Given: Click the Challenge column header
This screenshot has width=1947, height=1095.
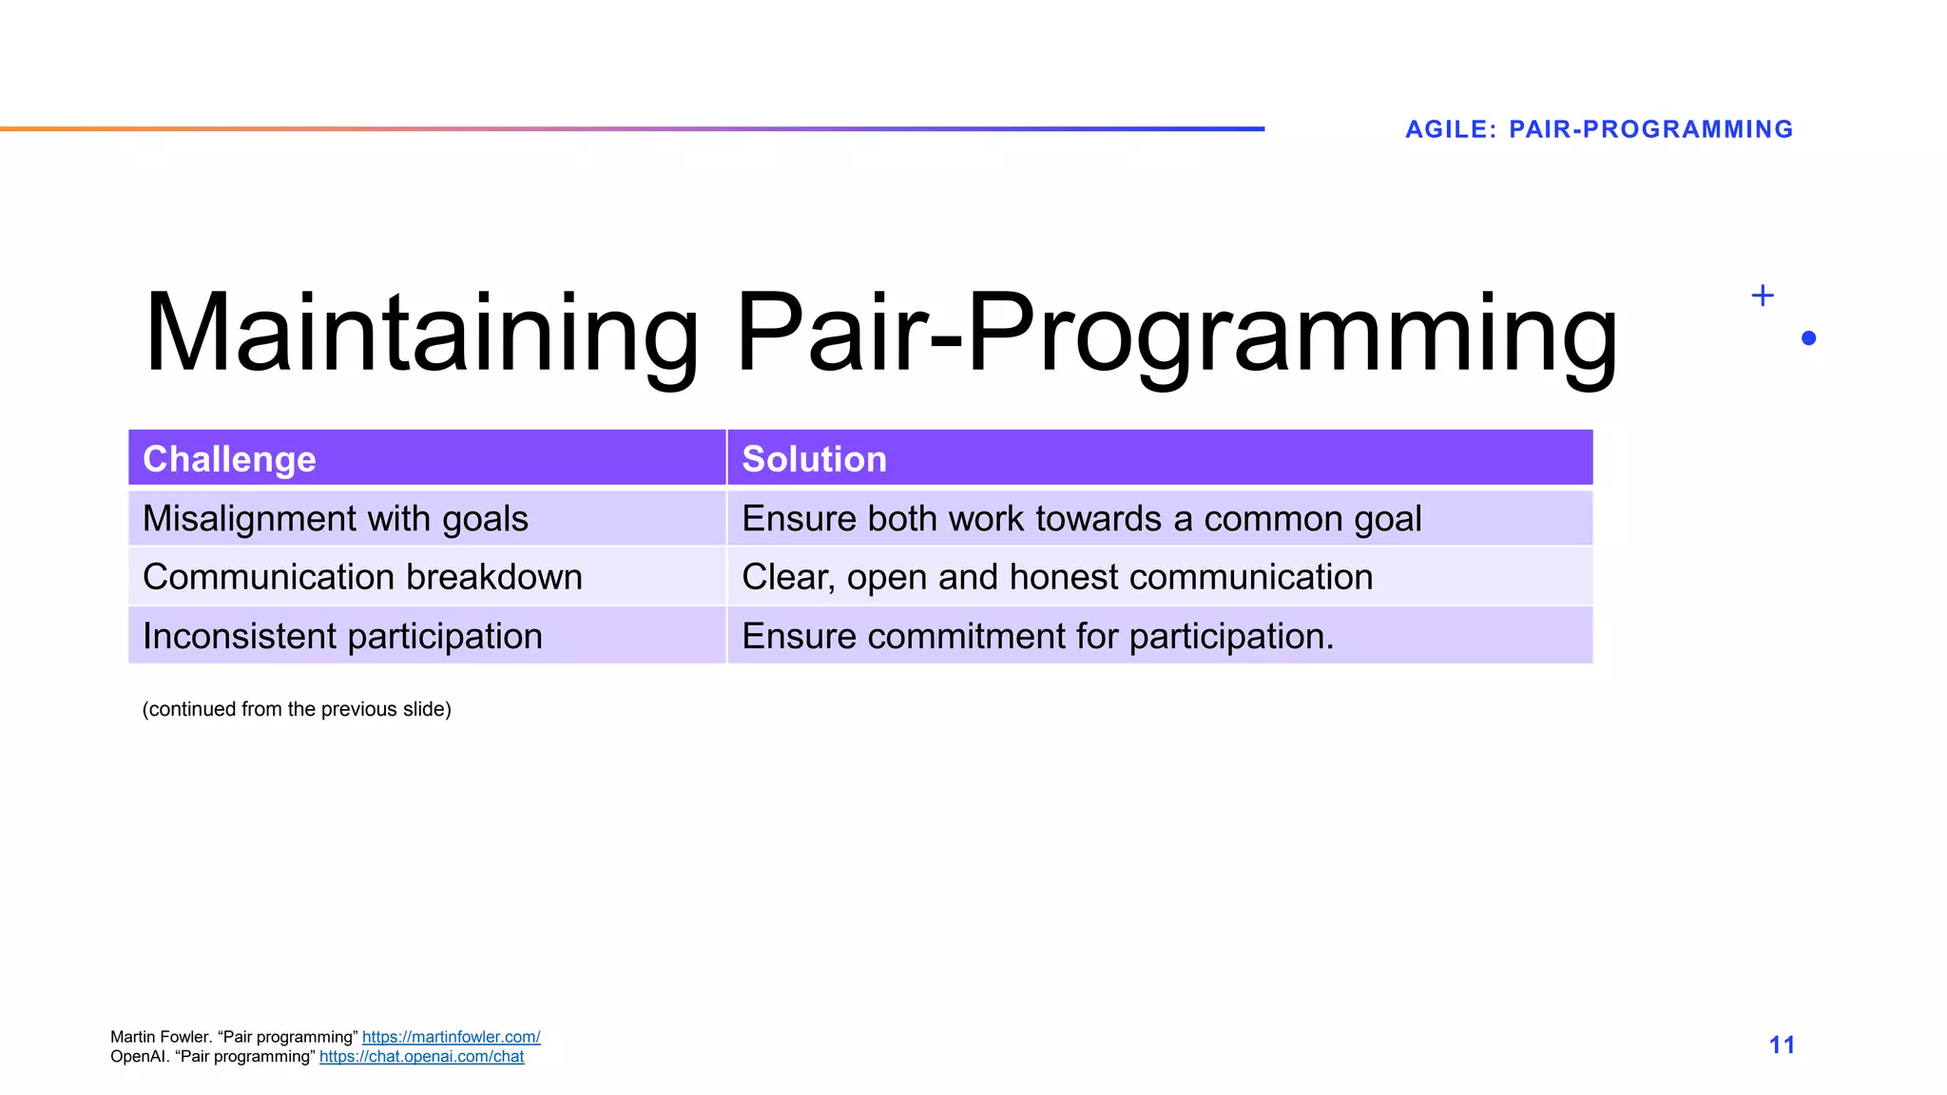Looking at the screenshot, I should (229, 459).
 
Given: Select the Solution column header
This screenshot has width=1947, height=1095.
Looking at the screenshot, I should (814, 459).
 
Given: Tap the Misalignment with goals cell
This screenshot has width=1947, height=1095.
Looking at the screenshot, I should (335, 519).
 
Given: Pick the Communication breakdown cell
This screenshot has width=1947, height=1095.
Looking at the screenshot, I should (362, 577).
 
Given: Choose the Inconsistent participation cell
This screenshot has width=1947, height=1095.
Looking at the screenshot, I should (342, 636).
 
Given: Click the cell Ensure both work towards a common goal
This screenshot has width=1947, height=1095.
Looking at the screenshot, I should (1081, 519).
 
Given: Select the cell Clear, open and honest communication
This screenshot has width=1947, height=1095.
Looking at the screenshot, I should (1056, 577).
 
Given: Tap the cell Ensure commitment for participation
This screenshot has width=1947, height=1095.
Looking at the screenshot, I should (1037, 636).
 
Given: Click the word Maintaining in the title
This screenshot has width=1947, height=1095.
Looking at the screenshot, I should (421, 333).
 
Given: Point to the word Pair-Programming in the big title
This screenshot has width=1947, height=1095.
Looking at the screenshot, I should (1176, 333).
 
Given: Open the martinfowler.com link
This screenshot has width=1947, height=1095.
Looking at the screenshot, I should (451, 1037).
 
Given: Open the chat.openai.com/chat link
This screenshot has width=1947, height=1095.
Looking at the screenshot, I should (421, 1056).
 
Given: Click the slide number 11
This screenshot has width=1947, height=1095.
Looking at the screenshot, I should (1782, 1045).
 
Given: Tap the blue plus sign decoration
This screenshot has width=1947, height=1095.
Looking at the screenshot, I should (1762, 296).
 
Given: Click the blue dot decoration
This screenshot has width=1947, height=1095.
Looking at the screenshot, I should (1808, 338).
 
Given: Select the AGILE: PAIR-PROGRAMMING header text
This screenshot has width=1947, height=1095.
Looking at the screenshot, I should (1598, 129).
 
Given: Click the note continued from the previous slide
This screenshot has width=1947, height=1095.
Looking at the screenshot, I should (297, 709).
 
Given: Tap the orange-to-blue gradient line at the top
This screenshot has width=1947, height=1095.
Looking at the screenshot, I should (632, 128).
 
